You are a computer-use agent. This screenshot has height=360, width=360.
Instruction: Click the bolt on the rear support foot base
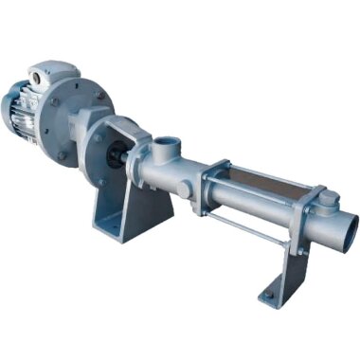[x=268, y=295]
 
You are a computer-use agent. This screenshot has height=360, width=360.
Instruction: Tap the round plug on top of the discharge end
[x=330, y=199]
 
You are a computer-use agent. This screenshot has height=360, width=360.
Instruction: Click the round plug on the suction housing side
[x=181, y=190]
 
